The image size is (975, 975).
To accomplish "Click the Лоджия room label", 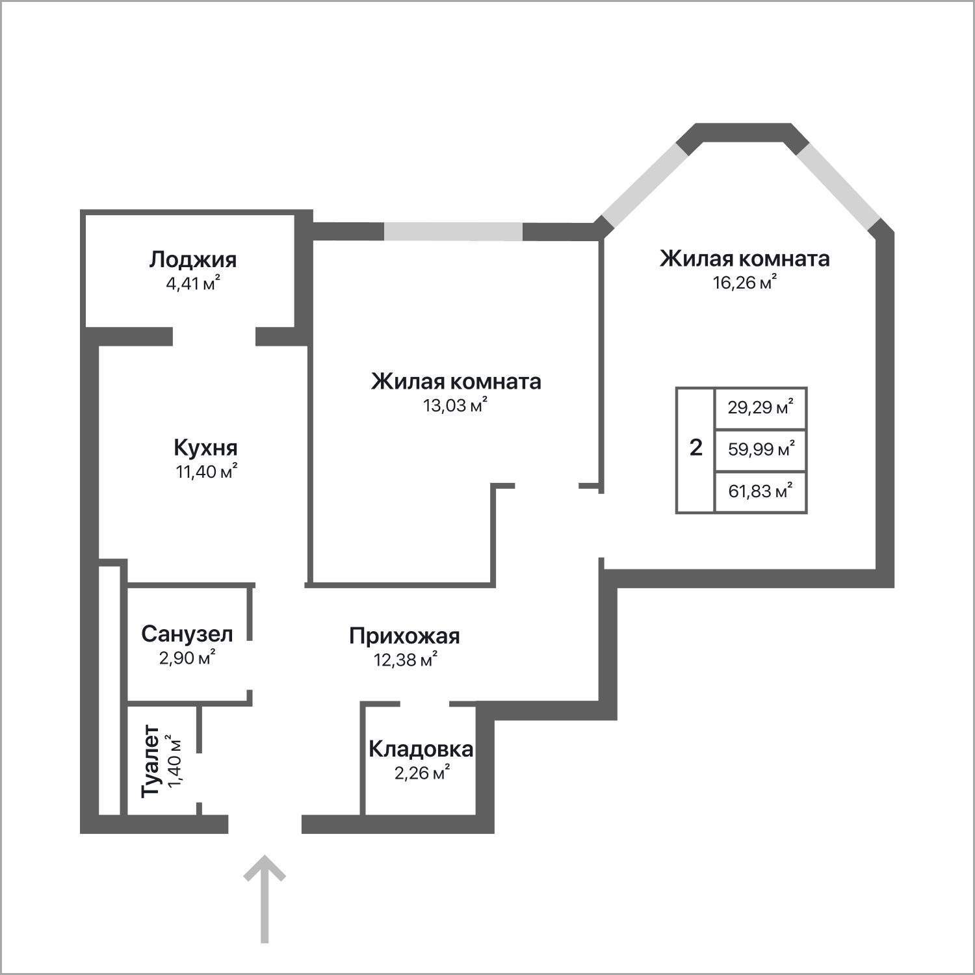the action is point(193,261).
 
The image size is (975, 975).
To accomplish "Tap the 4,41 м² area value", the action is point(193,283).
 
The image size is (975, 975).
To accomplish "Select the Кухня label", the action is point(205,448).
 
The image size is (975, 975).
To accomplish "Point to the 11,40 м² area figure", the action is point(206,471).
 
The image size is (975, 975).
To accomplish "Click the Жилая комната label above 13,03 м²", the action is point(456,382).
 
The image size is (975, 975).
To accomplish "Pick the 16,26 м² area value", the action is point(745,283).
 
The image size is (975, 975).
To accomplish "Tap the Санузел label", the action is point(187,634).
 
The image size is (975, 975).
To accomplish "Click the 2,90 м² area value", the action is point(187,658).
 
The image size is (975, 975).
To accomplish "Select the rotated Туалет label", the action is point(151,761).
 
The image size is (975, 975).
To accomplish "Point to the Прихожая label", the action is point(404,636).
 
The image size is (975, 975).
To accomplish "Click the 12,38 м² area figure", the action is point(405,660).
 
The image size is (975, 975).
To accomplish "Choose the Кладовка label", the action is point(421,749).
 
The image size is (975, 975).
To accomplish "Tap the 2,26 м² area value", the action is point(422,773).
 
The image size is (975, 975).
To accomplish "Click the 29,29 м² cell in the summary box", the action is point(760,408).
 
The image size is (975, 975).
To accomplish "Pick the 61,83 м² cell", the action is point(760,491).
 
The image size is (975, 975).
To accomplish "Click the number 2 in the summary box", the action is point(695,448).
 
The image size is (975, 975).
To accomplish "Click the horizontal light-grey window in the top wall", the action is point(453,231).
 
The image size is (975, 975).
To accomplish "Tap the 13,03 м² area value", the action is point(455,406).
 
